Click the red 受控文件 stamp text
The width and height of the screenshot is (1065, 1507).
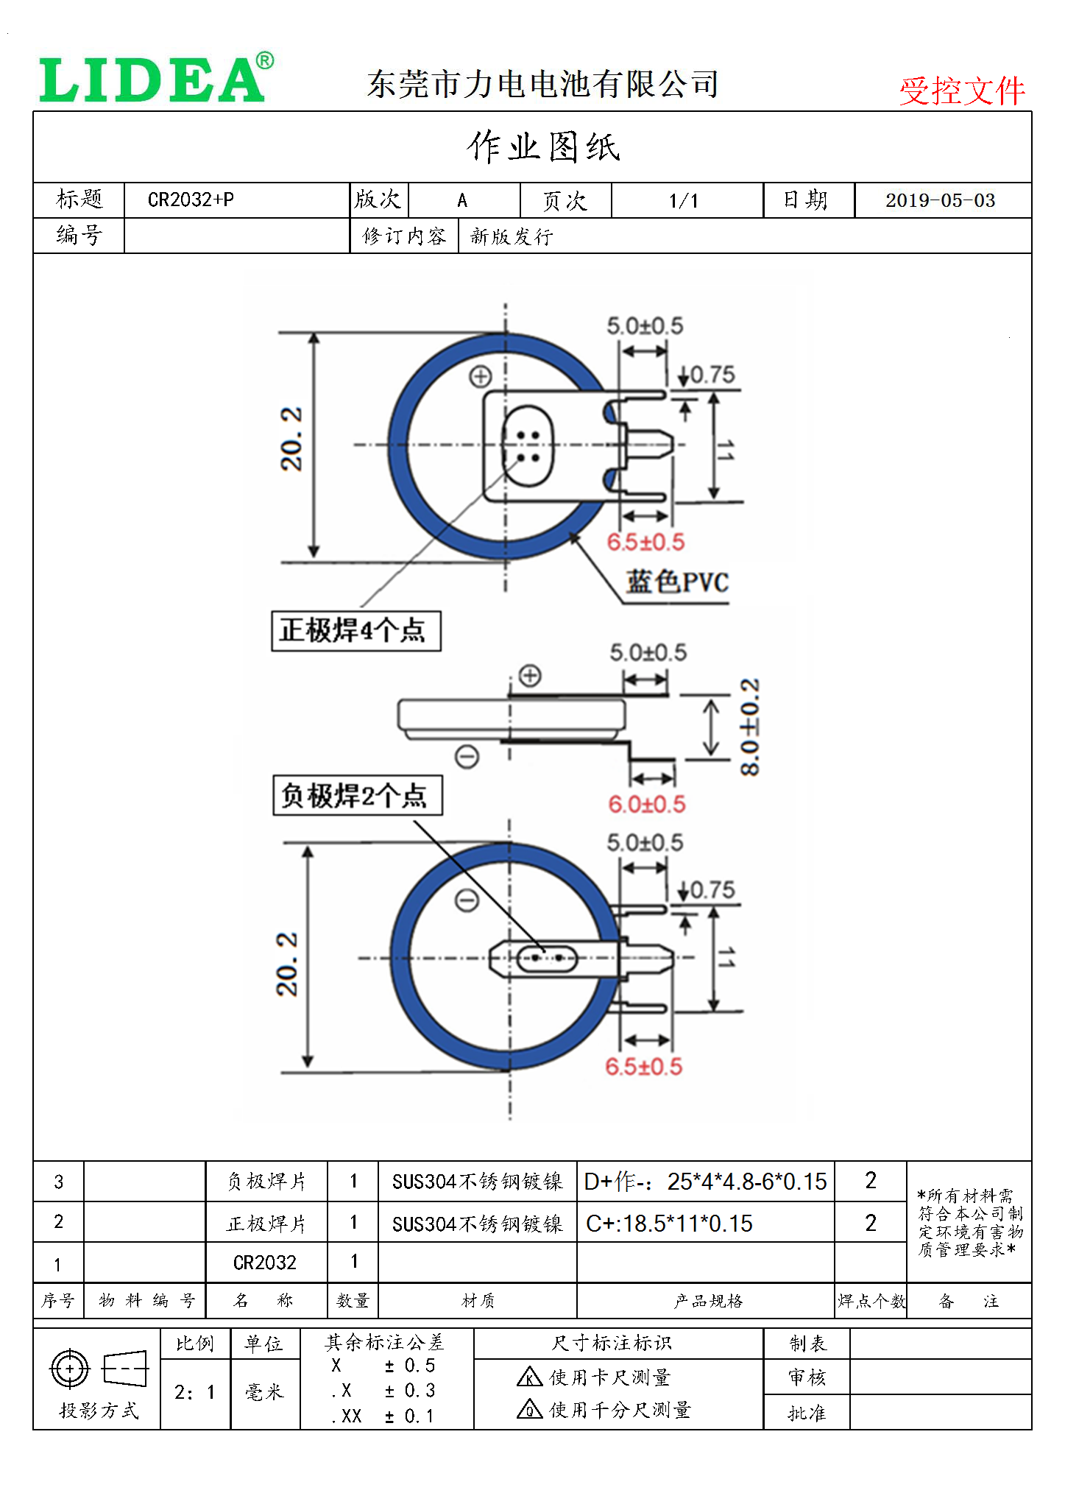[961, 91]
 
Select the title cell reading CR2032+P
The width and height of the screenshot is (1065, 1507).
[191, 200]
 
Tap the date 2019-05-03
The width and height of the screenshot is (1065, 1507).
[940, 200]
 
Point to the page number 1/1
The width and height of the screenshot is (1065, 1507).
[684, 200]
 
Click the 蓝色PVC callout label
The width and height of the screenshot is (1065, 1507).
[677, 582]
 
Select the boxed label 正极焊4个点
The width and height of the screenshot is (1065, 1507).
[355, 631]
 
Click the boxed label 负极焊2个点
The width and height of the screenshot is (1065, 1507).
[357, 795]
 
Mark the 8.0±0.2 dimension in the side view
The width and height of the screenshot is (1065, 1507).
[749, 727]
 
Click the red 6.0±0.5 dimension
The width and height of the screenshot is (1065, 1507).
[646, 804]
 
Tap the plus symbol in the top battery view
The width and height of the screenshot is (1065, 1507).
[481, 377]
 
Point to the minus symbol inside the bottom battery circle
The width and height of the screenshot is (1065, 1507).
[467, 900]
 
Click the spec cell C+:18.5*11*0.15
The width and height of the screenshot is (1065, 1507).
[669, 1224]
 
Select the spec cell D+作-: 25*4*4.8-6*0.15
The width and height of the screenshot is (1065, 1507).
[705, 1182]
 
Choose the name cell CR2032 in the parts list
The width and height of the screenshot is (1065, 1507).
[265, 1263]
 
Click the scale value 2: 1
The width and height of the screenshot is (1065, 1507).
[195, 1392]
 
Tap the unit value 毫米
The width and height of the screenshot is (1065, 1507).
[264, 1392]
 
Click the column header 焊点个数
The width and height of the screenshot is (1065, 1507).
[871, 1302]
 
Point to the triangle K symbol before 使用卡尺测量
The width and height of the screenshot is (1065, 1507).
[529, 1376]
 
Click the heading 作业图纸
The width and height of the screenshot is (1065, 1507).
[543, 147]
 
